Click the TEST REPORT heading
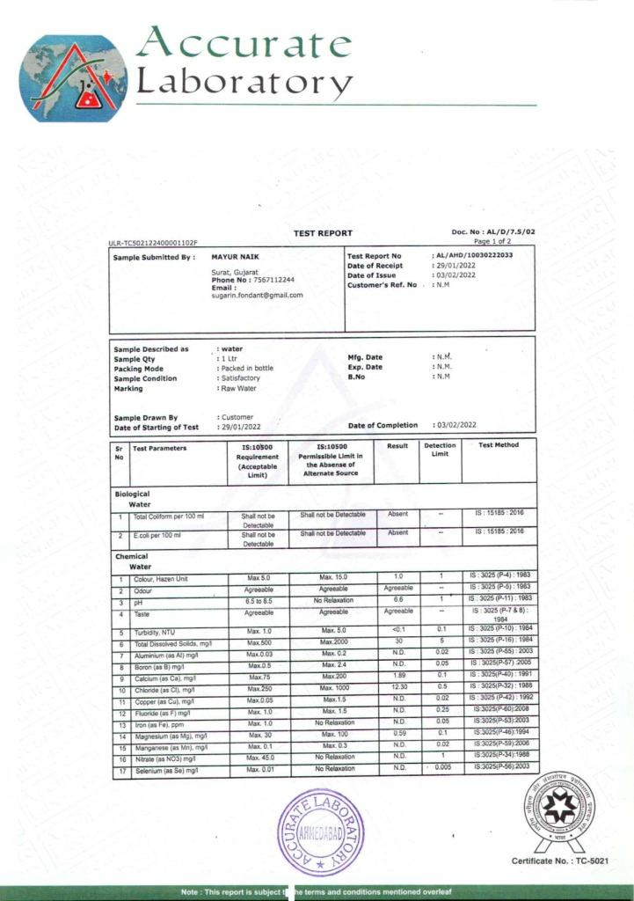point(322,233)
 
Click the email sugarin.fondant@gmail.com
point(258,296)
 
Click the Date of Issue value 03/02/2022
point(455,275)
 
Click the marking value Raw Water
point(237,388)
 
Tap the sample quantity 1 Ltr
point(227,359)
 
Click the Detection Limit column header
point(440,450)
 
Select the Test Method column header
point(499,445)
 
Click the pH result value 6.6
point(398,599)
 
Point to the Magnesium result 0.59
point(398,733)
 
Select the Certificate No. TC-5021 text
point(559,861)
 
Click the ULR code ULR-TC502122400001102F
point(153,242)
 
